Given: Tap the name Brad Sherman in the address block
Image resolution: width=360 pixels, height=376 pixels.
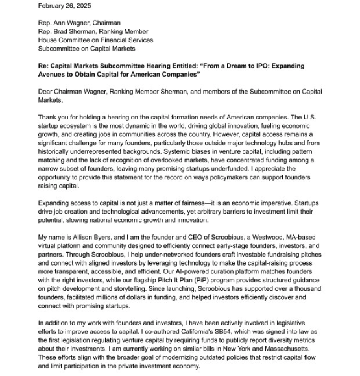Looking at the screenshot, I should [75, 31].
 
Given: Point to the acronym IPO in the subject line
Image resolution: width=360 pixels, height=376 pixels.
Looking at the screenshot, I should [251, 66].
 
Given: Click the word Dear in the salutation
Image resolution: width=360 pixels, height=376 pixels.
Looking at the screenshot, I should [47, 92].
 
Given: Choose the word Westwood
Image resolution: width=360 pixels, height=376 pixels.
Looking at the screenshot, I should [258, 237].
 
